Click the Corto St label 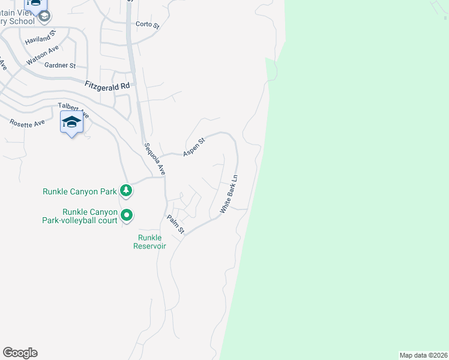[x=148, y=25]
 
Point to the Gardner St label [x=59, y=65]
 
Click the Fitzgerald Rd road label [x=107, y=86]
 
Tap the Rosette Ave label [x=27, y=123]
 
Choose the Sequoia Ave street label [x=154, y=159]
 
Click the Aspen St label [x=194, y=146]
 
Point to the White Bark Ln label [x=229, y=194]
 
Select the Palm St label [x=175, y=224]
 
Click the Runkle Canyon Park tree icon [x=126, y=191]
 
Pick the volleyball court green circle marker [x=127, y=215]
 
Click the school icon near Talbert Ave [x=71, y=122]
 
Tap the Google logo [x=20, y=353]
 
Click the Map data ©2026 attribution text [x=423, y=355]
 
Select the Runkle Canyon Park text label [x=79, y=192]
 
